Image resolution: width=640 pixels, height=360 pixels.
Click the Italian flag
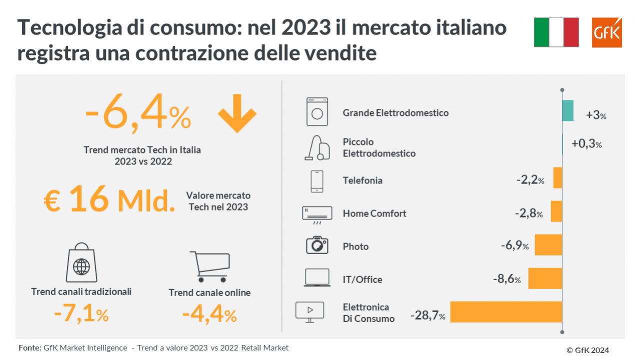point(556,32)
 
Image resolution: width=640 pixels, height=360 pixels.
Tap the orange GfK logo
point(606,32)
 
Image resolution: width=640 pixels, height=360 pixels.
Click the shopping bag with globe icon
point(81,263)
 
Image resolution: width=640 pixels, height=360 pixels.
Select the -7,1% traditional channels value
point(81,314)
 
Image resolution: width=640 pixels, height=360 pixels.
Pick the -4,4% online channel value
point(209,315)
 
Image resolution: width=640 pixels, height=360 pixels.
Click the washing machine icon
point(317,111)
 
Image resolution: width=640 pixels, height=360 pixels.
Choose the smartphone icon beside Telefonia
point(316,181)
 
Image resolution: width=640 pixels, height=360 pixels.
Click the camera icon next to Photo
point(316,245)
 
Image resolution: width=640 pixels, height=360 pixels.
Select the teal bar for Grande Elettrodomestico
point(567,110)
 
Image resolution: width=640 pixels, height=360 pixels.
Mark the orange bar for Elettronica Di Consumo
point(506,312)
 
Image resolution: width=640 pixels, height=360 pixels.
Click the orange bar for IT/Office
point(545,278)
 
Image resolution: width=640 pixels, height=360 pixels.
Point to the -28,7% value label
point(428,316)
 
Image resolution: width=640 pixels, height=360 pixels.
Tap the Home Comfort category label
point(374,213)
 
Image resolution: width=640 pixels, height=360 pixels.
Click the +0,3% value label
point(586,144)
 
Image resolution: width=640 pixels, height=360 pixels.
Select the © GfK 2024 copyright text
point(587,350)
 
